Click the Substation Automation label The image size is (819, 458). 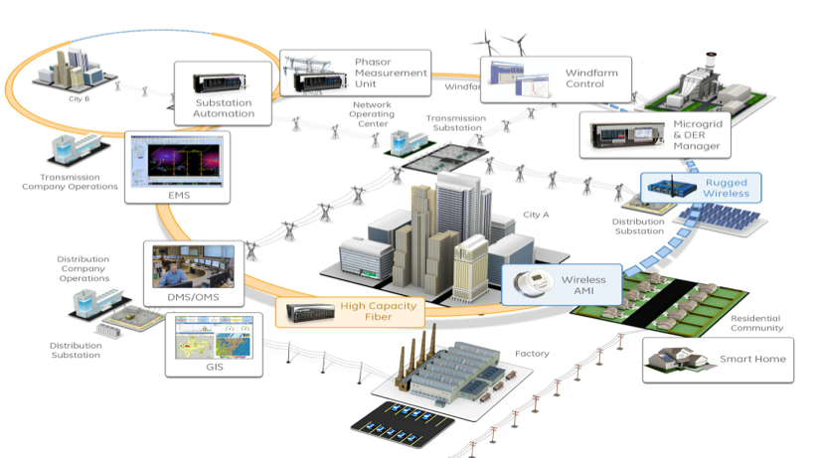(225, 107)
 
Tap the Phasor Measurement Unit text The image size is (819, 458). (391, 73)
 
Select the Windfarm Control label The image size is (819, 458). (584, 77)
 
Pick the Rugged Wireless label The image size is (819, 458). (727, 188)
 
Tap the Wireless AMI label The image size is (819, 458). (583, 286)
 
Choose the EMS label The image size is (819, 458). (179, 195)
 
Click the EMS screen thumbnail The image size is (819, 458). (178, 162)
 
